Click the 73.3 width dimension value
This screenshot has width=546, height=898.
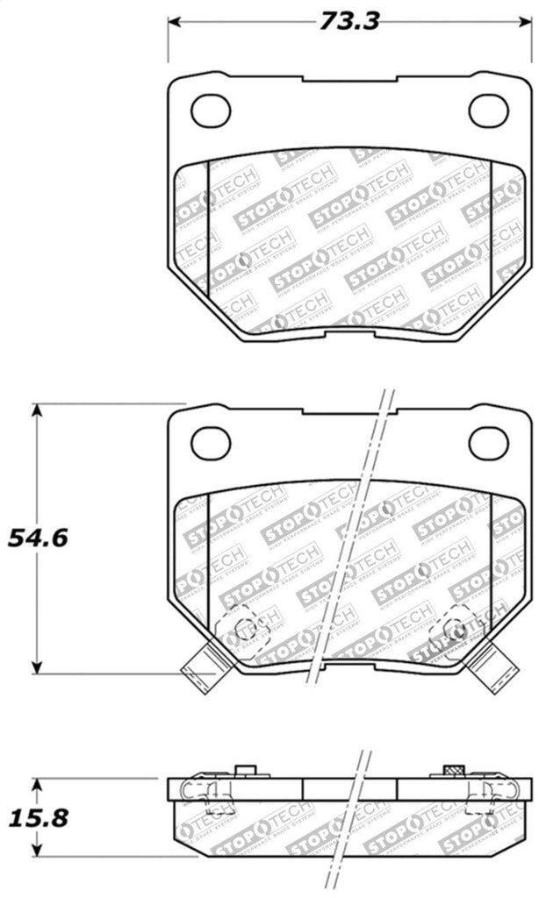point(348,20)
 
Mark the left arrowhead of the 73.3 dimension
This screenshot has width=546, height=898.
point(174,20)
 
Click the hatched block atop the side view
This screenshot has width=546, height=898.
point(453,770)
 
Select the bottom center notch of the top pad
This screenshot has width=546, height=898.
point(348,335)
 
